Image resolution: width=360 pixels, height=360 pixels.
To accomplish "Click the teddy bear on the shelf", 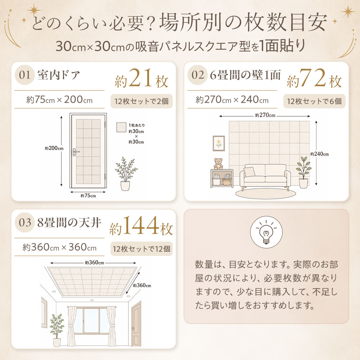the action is coord(219,164).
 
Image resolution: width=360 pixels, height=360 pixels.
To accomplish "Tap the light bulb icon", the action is coord(266,232).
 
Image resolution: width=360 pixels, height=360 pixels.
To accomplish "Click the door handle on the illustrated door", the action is coord(75,152).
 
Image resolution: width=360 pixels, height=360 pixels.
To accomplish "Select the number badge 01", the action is coord(24,75).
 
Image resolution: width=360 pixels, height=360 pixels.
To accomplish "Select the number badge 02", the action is coord(197,75).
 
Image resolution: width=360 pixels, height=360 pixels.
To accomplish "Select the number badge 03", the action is coord(24,222).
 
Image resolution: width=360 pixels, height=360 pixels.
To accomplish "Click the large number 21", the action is coord(140,78).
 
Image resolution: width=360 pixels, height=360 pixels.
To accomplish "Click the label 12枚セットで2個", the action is coord(141,101).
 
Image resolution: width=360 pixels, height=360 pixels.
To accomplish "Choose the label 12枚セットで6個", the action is coord(314,101).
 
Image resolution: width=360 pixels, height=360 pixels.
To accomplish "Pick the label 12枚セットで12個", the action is coord(141,249).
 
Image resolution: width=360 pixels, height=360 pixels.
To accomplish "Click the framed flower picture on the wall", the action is coord(219,143).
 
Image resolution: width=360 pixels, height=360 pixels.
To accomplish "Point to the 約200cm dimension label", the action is coord(54,148).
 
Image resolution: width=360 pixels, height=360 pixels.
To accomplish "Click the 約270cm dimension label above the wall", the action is coord(265,115).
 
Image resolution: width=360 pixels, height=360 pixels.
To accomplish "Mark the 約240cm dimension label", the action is coord(319,154).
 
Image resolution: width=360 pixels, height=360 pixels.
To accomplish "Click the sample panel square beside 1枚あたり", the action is coord(121,127).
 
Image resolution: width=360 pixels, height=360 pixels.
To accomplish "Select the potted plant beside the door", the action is coord(126,174).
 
